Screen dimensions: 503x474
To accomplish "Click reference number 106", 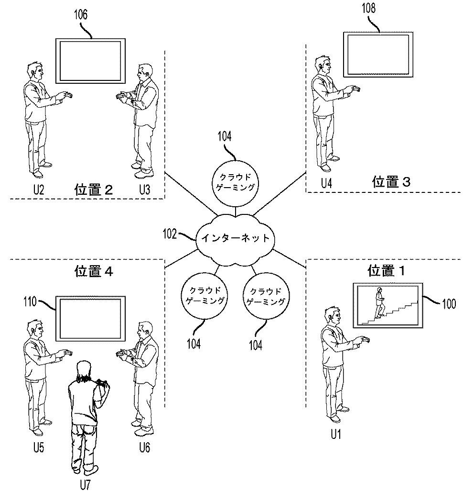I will tap(80, 14).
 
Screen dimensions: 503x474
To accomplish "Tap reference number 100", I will tap(449, 303).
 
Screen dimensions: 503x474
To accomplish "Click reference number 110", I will tap(31, 302).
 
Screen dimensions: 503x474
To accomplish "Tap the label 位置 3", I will tap(391, 182).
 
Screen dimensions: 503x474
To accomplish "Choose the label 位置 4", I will tap(94, 271).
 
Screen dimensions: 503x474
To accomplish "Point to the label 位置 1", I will tap(386, 271).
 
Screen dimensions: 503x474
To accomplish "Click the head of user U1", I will tap(333, 316).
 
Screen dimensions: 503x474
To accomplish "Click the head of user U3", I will tap(142, 73).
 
